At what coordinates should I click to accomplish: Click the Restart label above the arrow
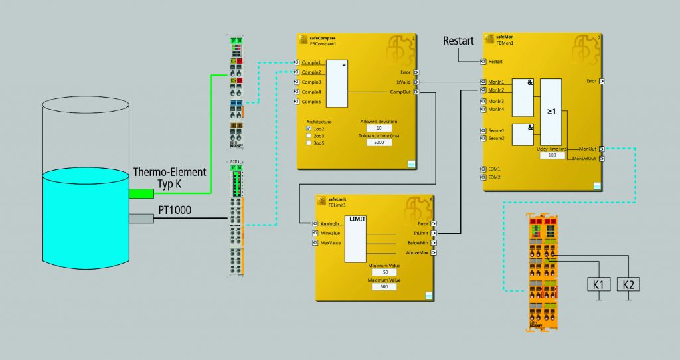pyautogui.click(x=458, y=41)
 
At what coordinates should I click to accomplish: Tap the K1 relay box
pyautogui.click(x=598, y=284)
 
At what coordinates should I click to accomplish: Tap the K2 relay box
pyautogui.click(x=628, y=284)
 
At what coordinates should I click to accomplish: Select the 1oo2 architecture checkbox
pyautogui.click(x=309, y=129)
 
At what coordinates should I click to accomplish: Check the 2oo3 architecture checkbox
pyautogui.click(x=309, y=135)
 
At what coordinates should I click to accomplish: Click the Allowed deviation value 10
pyautogui.click(x=379, y=128)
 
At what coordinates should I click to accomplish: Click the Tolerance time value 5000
pyautogui.click(x=379, y=143)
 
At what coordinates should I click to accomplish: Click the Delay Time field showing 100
pyautogui.click(x=552, y=155)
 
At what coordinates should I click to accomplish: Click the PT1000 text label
pyautogui.click(x=175, y=210)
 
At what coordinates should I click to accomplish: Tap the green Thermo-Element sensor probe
pyautogui.click(x=141, y=193)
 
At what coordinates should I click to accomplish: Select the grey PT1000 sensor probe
pyautogui.click(x=141, y=218)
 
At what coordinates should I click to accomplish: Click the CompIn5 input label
pyautogui.click(x=312, y=102)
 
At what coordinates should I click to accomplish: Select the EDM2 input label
pyautogui.click(x=494, y=177)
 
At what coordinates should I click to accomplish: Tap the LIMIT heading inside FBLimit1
pyautogui.click(x=358, y=219)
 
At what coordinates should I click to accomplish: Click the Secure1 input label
pyautogui.click(x=496, y=131)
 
